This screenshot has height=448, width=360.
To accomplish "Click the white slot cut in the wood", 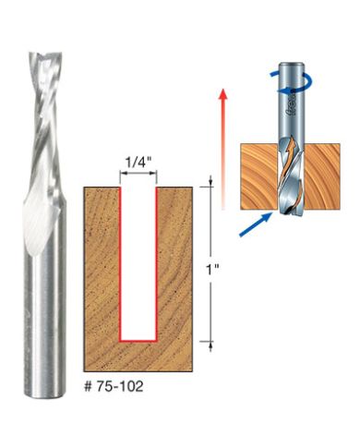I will click(x=138, y=259).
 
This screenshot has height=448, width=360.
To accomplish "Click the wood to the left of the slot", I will click(x=102, y=268).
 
